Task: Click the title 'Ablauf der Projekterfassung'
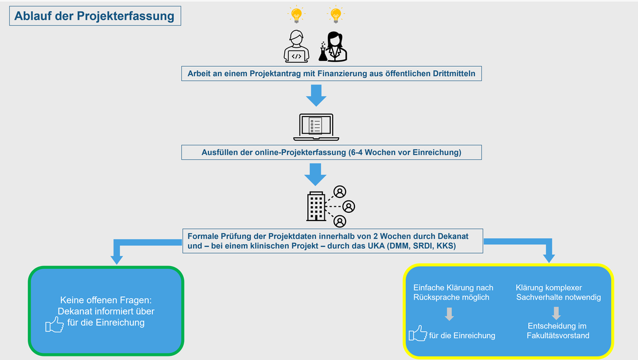click(x=95, y=16)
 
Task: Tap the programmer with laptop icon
click(x=297, y=47)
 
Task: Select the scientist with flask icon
click(x=333, y=47)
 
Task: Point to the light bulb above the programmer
click(x=295, y=14)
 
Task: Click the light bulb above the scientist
click(x=336, y=14)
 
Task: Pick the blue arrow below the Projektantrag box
click(x=316, y=95)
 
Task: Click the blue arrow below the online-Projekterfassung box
click(x=316, y=174)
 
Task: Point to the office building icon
click(x=316, y=206)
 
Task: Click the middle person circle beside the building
click(x=349, y=206)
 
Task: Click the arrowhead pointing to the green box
click(x=116, y=258)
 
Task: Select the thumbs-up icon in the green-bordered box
click(x=54, y=325)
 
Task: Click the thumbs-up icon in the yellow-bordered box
click(x=418, y=334)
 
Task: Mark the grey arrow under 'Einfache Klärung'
click(x=449, y=313)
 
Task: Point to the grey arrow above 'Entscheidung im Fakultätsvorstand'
click(x=556, y=313)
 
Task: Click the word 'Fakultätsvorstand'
click(x=558, y=336)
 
